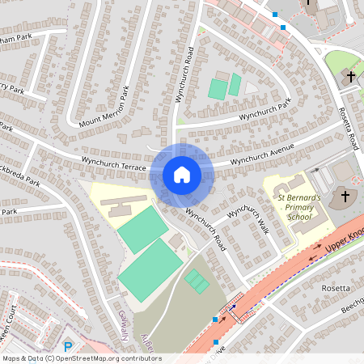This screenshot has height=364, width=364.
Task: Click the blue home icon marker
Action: (182, 175)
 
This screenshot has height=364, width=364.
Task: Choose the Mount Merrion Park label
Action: (104, 108)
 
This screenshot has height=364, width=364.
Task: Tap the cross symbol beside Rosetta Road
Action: (351, 76)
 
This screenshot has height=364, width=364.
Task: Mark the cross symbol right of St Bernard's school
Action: (345, 197)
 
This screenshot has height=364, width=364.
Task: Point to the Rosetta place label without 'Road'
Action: (336, 288)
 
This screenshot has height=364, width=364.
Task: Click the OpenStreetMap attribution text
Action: (81, 358)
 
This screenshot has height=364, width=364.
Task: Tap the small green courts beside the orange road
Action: (197, 281)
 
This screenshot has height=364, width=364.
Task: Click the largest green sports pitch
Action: (151, 270)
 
